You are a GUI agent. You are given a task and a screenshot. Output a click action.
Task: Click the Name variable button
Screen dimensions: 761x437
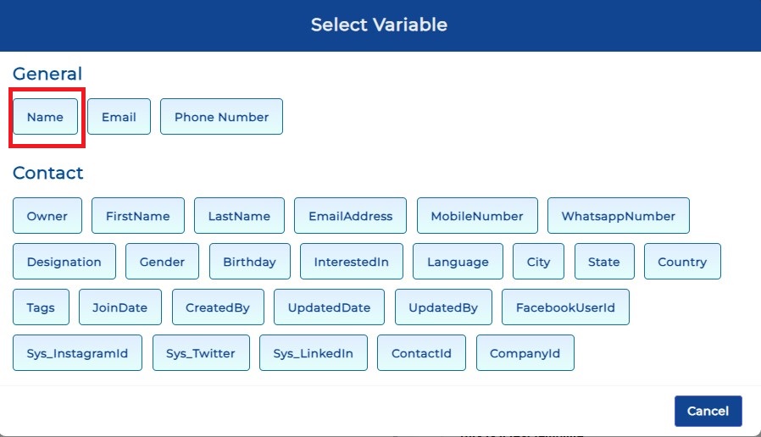tap(45, 117)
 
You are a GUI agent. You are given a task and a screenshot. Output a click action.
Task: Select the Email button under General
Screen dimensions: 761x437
tap(119, 117)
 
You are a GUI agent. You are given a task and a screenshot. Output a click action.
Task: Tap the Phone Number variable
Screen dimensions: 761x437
tap(221, 117)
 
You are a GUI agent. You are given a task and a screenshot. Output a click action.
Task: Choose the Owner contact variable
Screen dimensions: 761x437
tap(47, 216)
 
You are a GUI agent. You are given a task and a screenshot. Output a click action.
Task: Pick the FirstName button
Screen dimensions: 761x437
tap(138, 216)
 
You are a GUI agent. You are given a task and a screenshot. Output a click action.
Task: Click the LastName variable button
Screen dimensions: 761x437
tap(239, 216)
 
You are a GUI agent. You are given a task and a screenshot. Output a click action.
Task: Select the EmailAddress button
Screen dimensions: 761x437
tap(350, 216)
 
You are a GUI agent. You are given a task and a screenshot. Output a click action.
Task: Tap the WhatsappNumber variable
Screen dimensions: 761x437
tap(619, 216)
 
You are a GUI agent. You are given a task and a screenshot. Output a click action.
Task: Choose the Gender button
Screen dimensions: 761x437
tap(162, 262)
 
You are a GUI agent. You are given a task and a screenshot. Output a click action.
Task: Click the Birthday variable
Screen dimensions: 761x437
tap(249, 262)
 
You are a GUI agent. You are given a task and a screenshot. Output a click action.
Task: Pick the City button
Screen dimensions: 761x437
tap(538, 262)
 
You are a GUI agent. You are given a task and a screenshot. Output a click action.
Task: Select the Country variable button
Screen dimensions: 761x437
tap(682, 262)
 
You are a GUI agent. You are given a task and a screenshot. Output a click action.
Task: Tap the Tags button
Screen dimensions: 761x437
tap(41, 307)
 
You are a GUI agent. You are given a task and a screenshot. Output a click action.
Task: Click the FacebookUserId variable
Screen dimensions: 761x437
tap(565, 307)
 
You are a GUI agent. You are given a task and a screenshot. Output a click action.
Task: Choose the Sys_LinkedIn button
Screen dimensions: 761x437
tap(313, 353)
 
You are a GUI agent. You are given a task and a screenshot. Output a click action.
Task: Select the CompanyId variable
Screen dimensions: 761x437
tap(525, 353)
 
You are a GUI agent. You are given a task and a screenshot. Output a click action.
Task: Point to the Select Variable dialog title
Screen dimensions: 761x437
tap(379, 25)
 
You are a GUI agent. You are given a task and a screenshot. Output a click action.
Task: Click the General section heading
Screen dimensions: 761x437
tap(47, 74)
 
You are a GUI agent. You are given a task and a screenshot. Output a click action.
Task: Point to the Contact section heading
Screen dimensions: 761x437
tap(48, 173)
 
